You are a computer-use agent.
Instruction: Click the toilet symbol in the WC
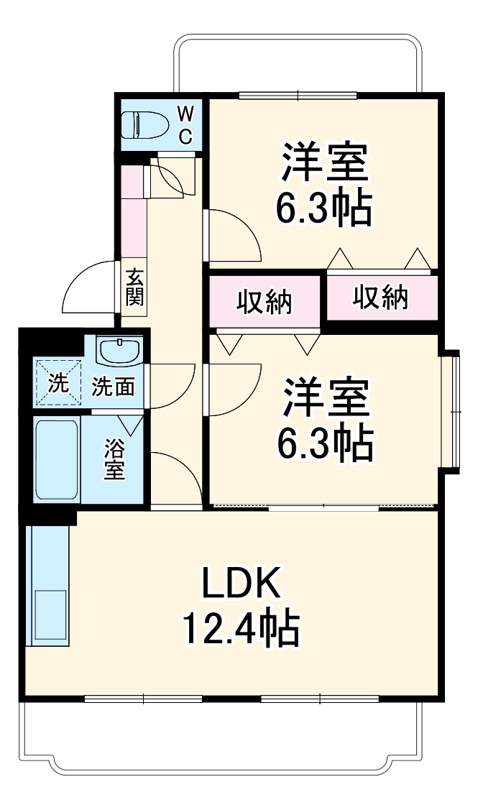click(144, 126)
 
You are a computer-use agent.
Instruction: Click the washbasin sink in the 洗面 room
click(120, 352)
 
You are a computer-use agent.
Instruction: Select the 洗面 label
click(113, 387)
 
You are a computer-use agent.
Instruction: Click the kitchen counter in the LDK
click(47, 586)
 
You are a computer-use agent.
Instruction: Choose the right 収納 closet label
click(381, 297)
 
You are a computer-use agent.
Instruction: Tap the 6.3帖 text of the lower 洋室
click(325, 443)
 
